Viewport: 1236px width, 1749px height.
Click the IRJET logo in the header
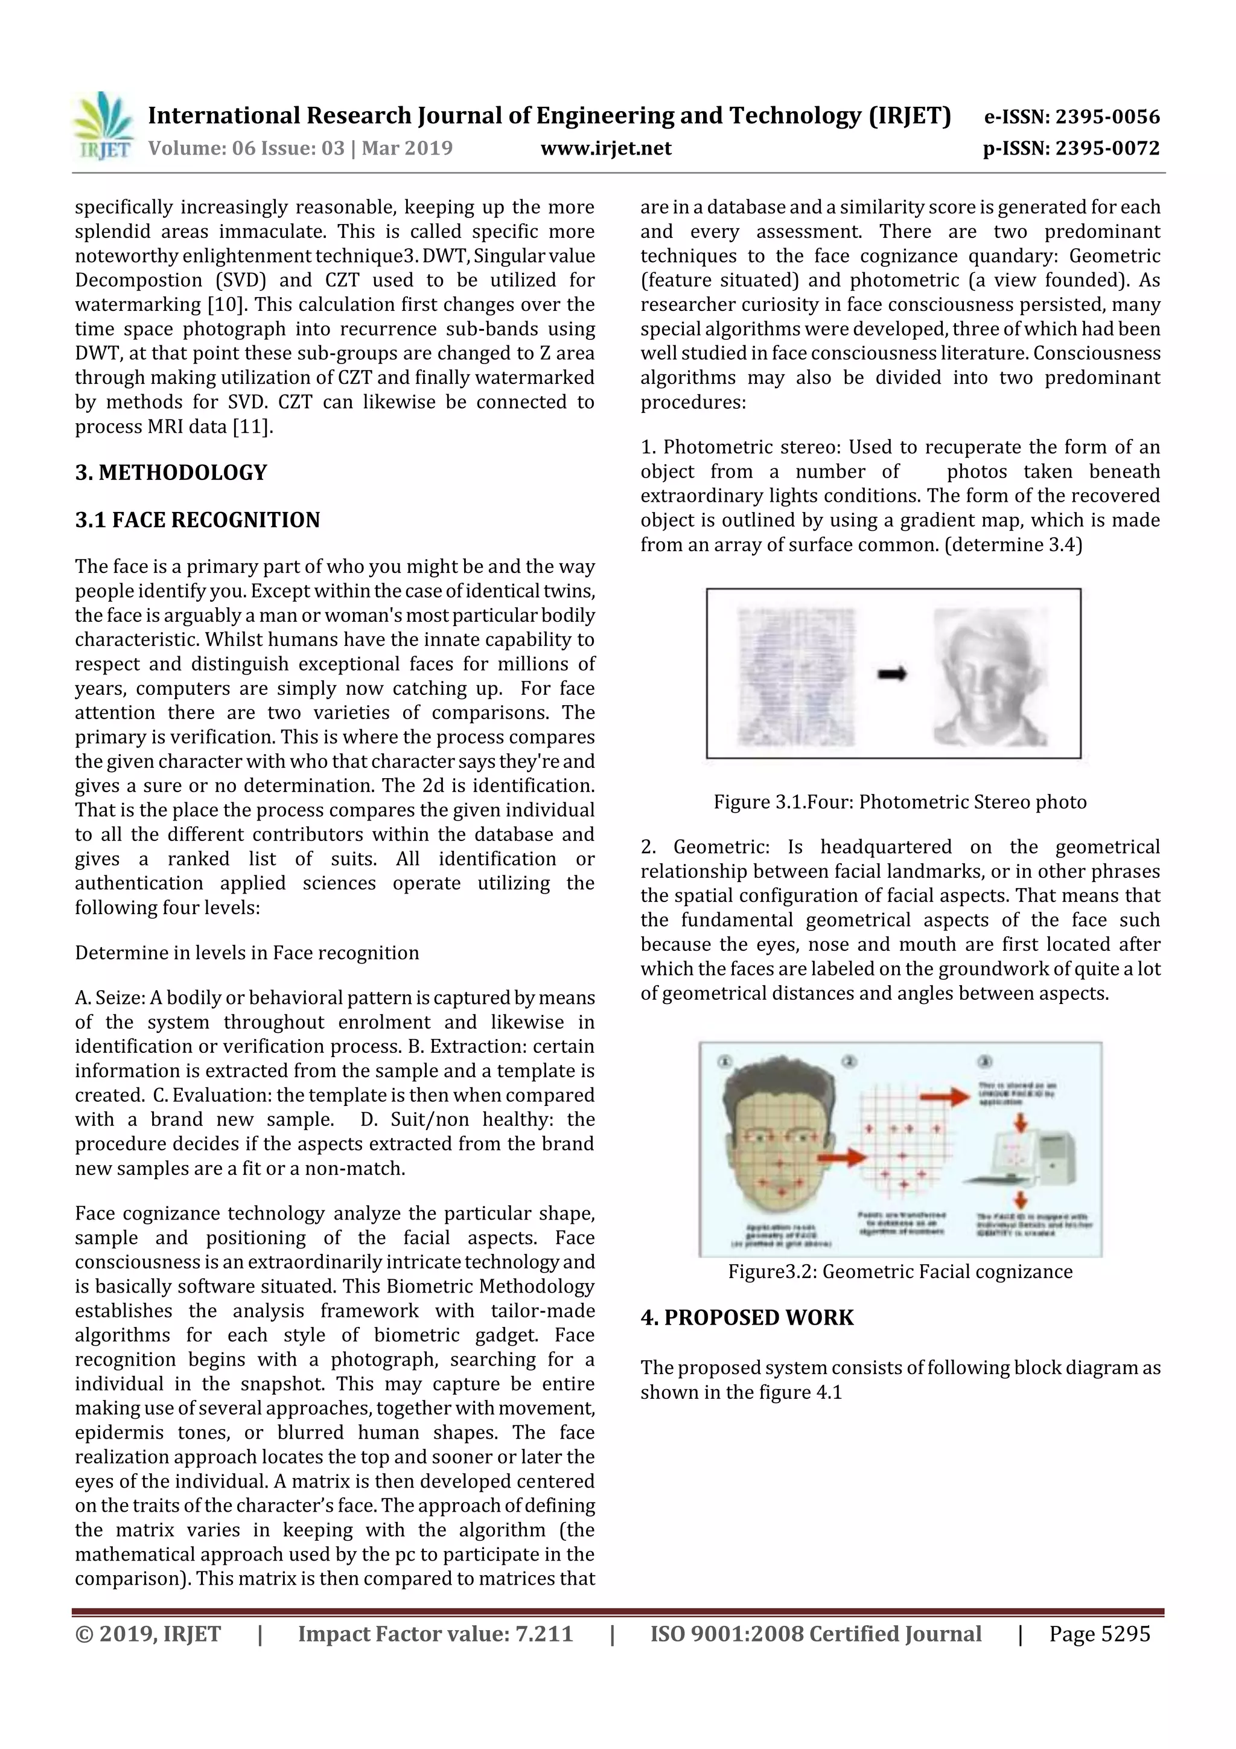click(103, 126)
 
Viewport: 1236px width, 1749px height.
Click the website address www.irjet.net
click(605, 149)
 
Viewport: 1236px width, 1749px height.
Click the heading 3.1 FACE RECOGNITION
click(197, 520)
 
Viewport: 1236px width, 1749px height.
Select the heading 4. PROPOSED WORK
click(747, 1317)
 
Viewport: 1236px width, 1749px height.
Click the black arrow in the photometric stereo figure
click(892, 673)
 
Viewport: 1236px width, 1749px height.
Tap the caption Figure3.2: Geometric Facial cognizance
click(899, 1271)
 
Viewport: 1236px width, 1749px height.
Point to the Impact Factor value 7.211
click(544, 1633)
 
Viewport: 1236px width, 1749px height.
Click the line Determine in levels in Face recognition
click(247, 953)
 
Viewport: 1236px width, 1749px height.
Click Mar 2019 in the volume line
click(407, 149)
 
